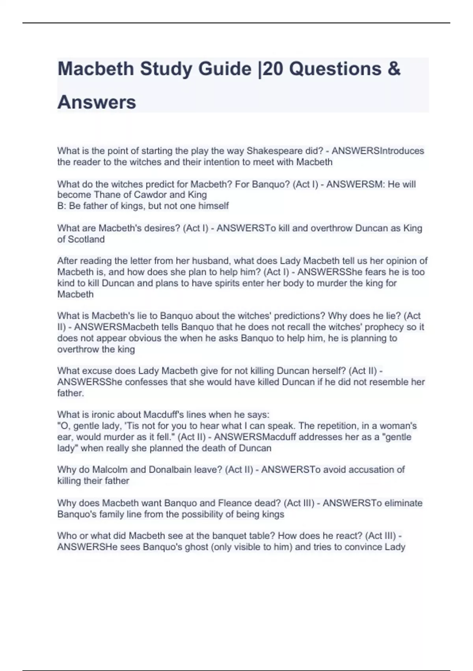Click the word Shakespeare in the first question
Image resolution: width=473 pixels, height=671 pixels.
click(271, 151)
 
